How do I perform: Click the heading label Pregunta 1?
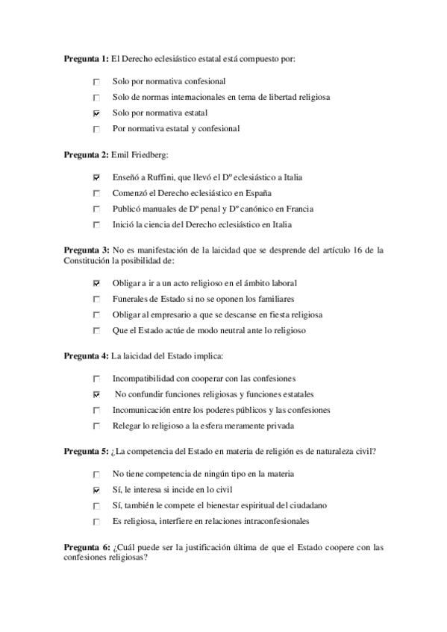tap(86, 59)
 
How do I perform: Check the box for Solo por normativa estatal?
tap(96, 113)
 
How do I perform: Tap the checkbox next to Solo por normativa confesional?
tap(96, 81)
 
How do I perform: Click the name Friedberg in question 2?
tap(149, 155)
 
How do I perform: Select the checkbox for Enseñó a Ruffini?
tap(96, 177)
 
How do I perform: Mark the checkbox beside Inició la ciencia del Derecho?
tap(96, 224)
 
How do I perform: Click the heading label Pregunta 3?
tap(86, 251)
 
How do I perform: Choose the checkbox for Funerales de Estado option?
tap(96, 299)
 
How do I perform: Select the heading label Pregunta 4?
tap(86, 356)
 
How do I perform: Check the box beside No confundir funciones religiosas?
tap(96, 394)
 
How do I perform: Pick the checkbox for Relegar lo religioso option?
tap(96, 426)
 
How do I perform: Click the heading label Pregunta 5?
tap(86, 452)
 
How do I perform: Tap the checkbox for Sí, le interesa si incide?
tap(96, 490)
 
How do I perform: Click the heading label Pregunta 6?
tap(86, 547)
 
